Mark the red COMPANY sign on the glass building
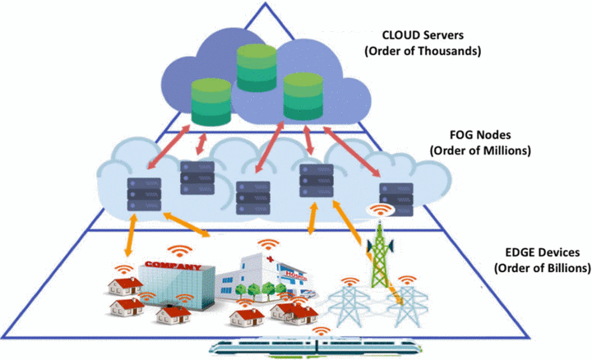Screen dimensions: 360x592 click(173, 267)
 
